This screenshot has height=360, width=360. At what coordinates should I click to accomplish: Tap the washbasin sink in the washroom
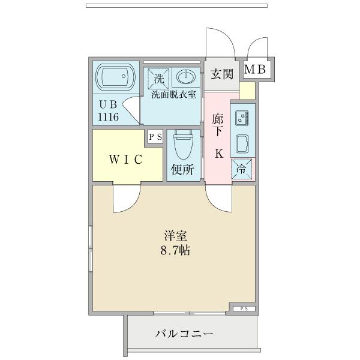click(x=185, y=77)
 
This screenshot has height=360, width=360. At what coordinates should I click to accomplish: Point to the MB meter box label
click(x=254, y=70)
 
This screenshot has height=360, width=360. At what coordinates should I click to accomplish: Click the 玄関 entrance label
click(x=222, y=74)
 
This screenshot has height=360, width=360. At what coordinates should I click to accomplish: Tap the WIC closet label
click(x=125, y=160)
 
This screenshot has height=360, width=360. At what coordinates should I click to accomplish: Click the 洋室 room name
click(x=176, y=235)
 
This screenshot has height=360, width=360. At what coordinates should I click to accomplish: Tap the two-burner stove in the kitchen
click(x=242, y=117)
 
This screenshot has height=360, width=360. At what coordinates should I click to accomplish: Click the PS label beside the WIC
click(x=155, y=137)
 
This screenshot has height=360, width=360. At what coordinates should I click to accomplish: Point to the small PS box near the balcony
click(x=244, y=308)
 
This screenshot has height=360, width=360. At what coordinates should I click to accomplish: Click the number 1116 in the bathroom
click(x=109, y=116)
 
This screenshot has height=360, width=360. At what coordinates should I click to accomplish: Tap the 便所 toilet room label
click(x=182, y=170)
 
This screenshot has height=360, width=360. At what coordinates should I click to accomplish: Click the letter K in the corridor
click(x=219, y=153)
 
